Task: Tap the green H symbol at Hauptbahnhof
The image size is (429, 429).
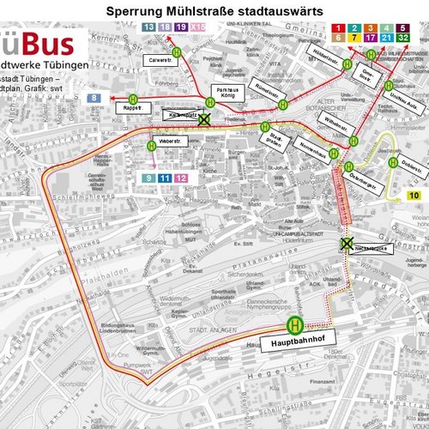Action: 295,324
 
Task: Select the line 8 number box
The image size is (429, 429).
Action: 93,99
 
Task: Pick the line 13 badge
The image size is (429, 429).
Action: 148,27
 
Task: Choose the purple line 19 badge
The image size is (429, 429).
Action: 181,27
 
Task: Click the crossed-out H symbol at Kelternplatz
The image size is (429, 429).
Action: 203,121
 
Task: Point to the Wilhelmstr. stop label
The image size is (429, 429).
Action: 335,136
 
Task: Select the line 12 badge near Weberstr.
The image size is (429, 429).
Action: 182,178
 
